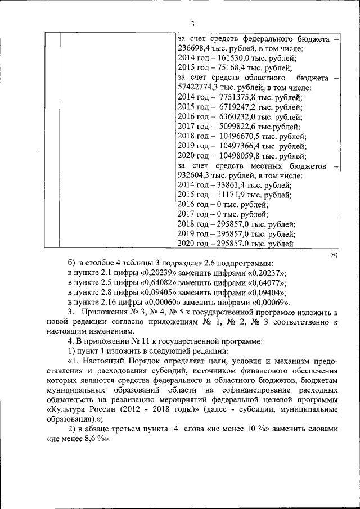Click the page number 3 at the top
tap(192, 24)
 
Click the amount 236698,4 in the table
tap(195, 49)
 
